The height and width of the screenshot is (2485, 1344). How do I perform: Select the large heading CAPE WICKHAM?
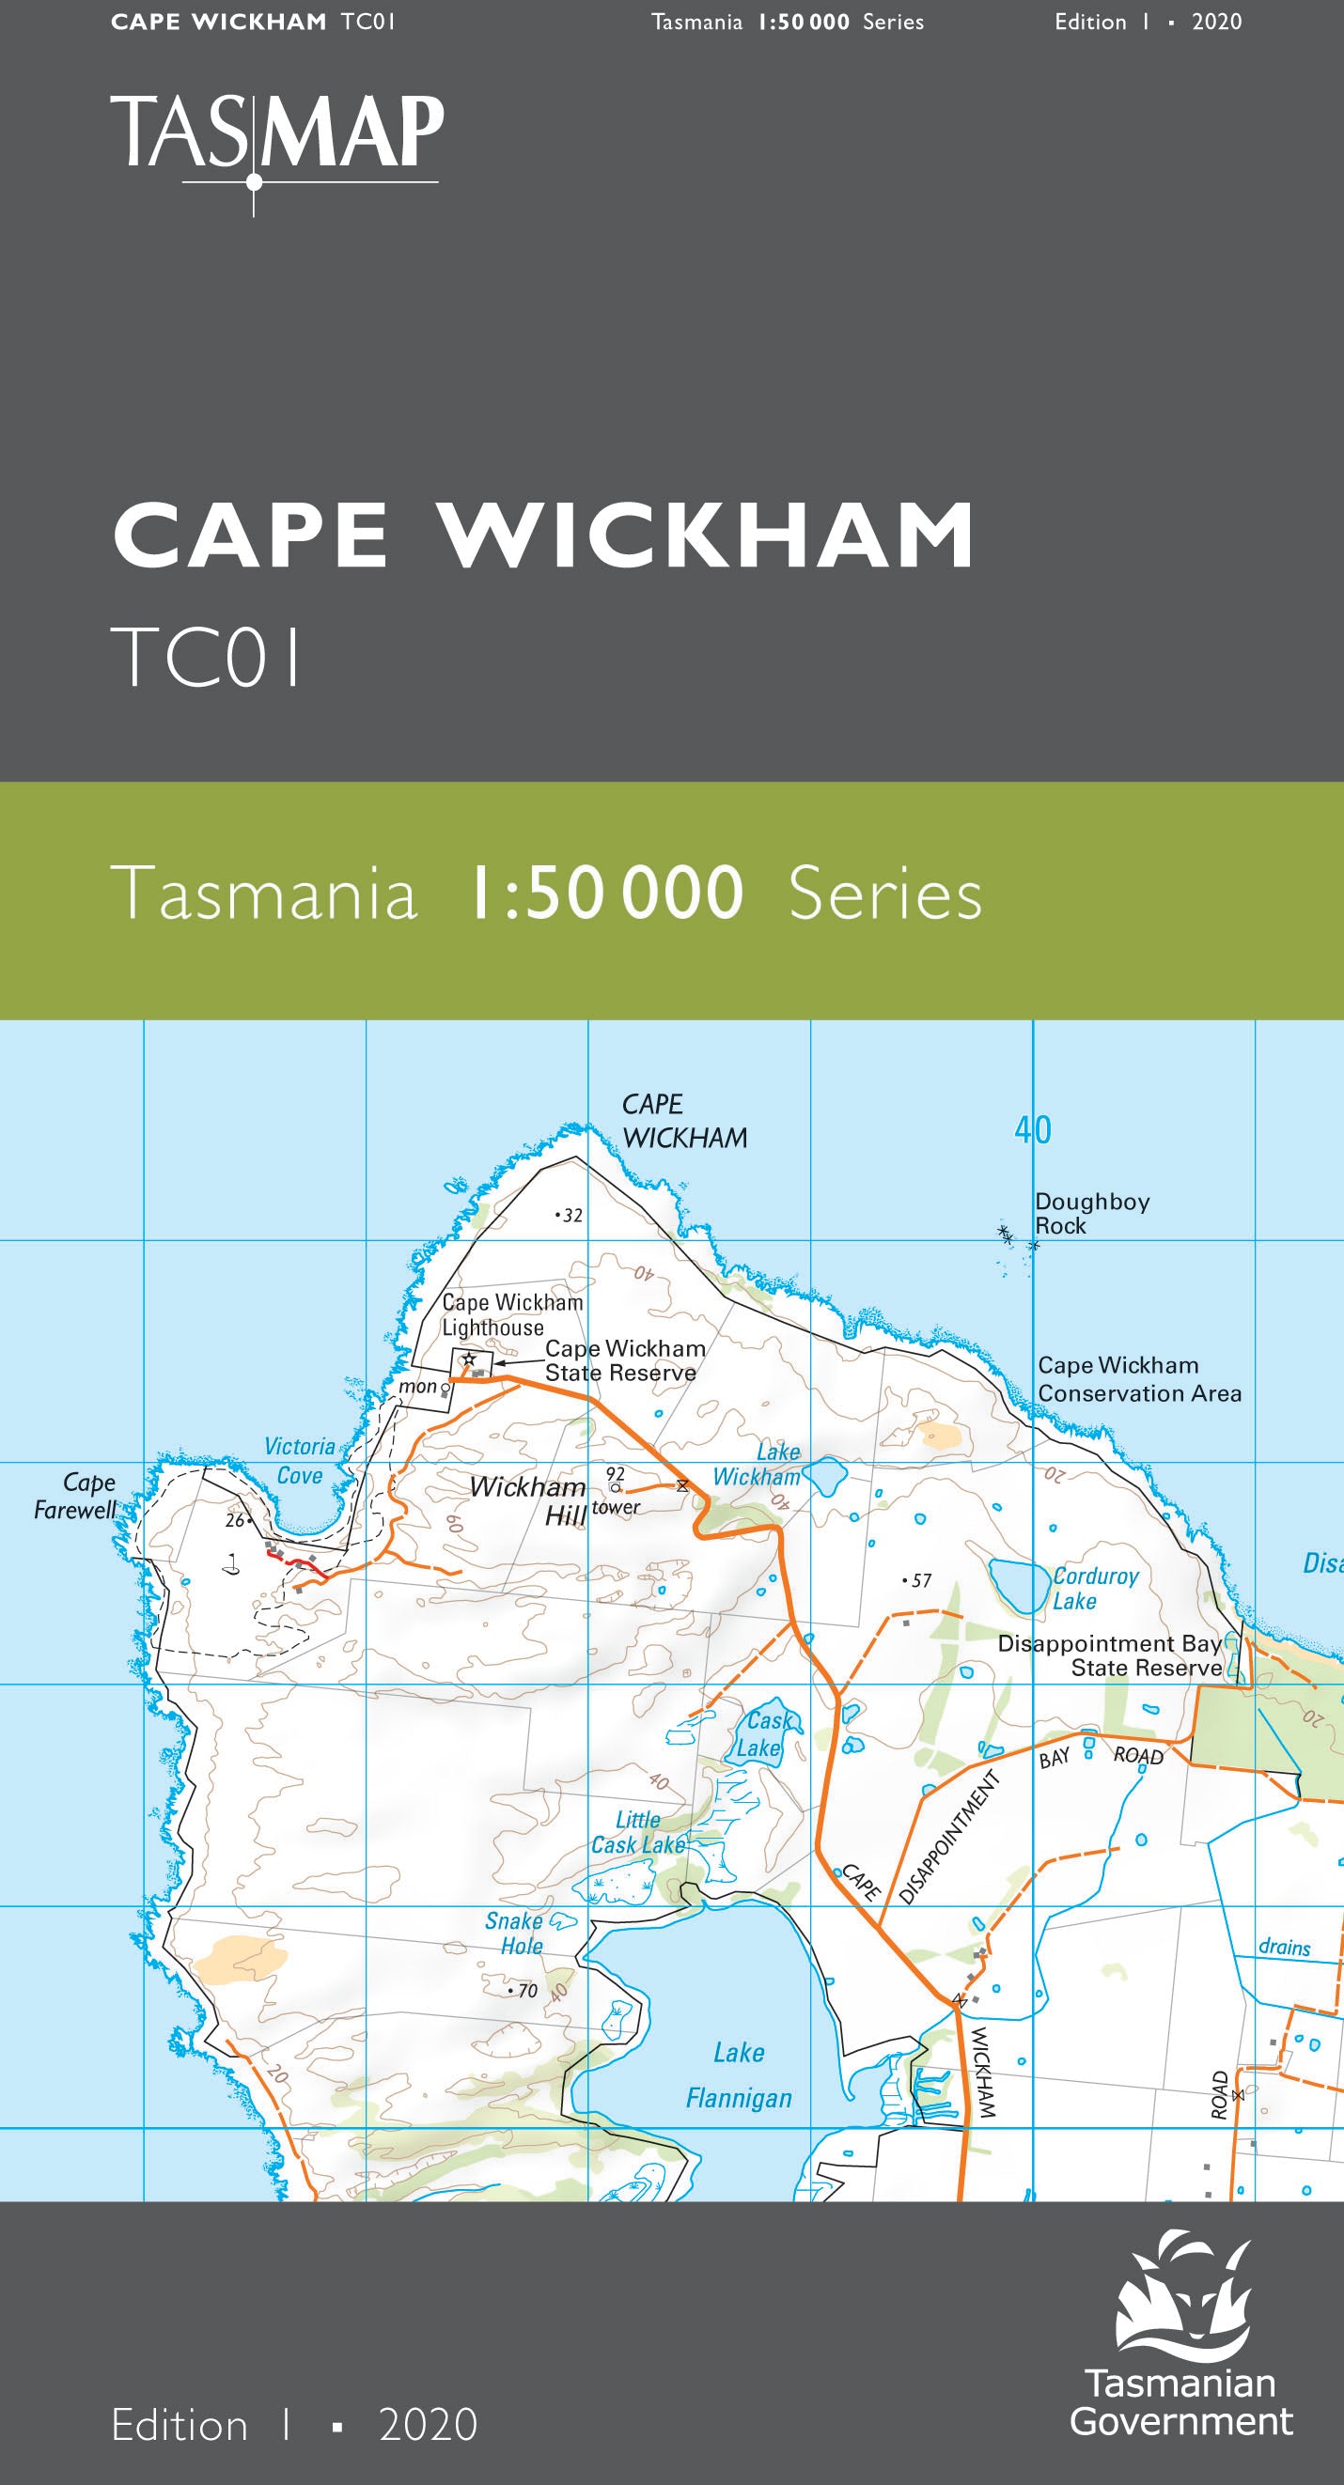click(543, 536)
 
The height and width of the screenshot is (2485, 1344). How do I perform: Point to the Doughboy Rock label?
click(1090, 1214)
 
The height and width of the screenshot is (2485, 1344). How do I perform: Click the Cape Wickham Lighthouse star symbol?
click(469, 1360)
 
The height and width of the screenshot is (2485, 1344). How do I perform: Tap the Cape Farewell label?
click(75, 1497)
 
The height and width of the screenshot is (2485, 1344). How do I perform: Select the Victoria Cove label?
click(299, 1461)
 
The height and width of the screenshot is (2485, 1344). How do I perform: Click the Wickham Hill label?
click(528, 1500)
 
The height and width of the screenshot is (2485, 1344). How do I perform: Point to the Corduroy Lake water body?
click(1019, 1585)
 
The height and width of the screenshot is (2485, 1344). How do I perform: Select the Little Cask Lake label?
click(638, 1832)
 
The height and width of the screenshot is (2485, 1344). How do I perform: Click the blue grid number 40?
click(1032, 1129)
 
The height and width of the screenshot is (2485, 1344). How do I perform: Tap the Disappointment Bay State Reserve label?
click(1110, 1655)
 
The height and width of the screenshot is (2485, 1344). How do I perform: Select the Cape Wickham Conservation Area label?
click(1138, 1378)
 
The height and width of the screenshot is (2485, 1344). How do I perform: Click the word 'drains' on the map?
click(1283, 1947)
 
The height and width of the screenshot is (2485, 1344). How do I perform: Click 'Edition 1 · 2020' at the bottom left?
click(294, 2424)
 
